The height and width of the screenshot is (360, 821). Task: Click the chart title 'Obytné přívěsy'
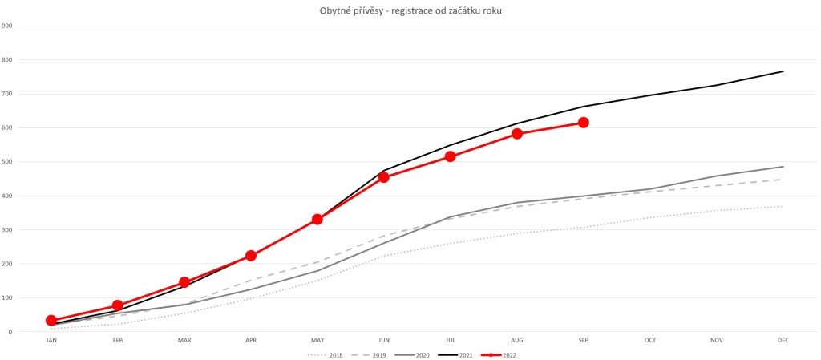pyautogui.click(x=410, y=10)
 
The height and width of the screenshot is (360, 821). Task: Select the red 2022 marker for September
pyautogui.click(x=584, y=123)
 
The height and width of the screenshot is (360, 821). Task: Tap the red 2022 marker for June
pyautogui.click(x=384, y=177)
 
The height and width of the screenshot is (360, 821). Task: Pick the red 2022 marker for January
pyautogui.click(x=51, y=321)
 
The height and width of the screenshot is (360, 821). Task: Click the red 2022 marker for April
pyautogui.click(x=251, y=256)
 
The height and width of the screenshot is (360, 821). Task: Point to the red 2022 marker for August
pyautogui.click(x=517, y=134)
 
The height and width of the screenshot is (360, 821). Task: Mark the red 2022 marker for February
pyautogui.click(x=118, y=305)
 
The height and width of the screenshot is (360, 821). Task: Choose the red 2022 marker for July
pyautogui.click(x=451, y=156)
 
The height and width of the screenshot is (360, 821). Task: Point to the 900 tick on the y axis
pyautogui.click(x=7, y=26)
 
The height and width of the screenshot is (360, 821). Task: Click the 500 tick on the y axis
pyautogui.click(x=7, y=162)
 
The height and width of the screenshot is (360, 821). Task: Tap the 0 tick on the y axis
pyautogui.click(x=10, y=332)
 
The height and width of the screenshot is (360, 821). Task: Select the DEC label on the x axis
pyautogui.click(x=783, y=341)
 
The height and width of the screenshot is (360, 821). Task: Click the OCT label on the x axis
pyautogui.click(x=650, y=341)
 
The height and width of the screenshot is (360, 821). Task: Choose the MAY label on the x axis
pyautogui.click(x=317, y=341)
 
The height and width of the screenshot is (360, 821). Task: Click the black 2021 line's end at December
pyautogui.click(x=783, y=71)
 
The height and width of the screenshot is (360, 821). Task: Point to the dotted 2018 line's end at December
pyautogui.click(x=783, y=207)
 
